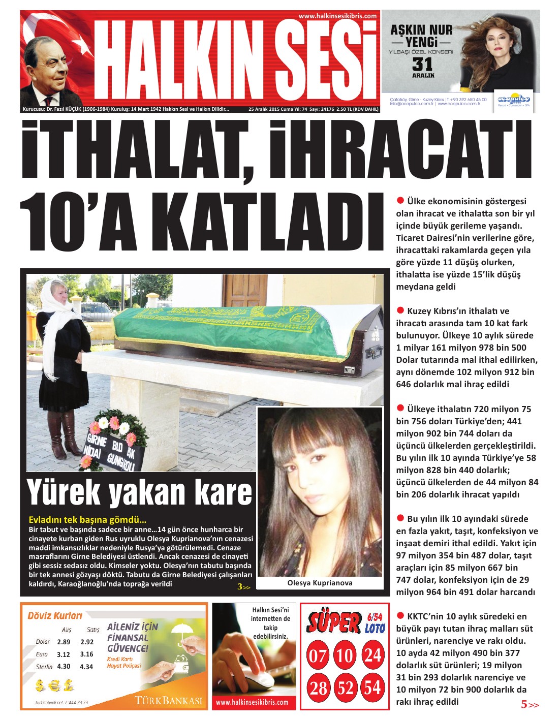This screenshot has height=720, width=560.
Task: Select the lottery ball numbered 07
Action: click(318, 655)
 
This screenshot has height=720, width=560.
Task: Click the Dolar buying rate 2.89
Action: click(64, 642)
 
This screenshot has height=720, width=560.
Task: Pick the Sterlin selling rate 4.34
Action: click(86, 667)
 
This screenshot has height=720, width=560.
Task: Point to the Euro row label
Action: click(42, 654)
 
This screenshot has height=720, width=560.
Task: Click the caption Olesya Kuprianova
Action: click(320, 583)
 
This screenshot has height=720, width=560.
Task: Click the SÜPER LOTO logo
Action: click(346, 622)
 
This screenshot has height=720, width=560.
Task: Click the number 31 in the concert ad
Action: click(422, 65)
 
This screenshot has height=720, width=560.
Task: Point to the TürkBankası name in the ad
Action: click(169, 701)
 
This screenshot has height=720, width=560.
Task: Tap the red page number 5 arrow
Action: click(529, 704)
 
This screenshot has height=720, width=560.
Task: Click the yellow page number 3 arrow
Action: click(243, 587)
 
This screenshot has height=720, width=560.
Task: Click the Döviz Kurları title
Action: click(55, 615)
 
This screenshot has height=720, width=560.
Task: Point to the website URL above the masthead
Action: click(337, 16)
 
